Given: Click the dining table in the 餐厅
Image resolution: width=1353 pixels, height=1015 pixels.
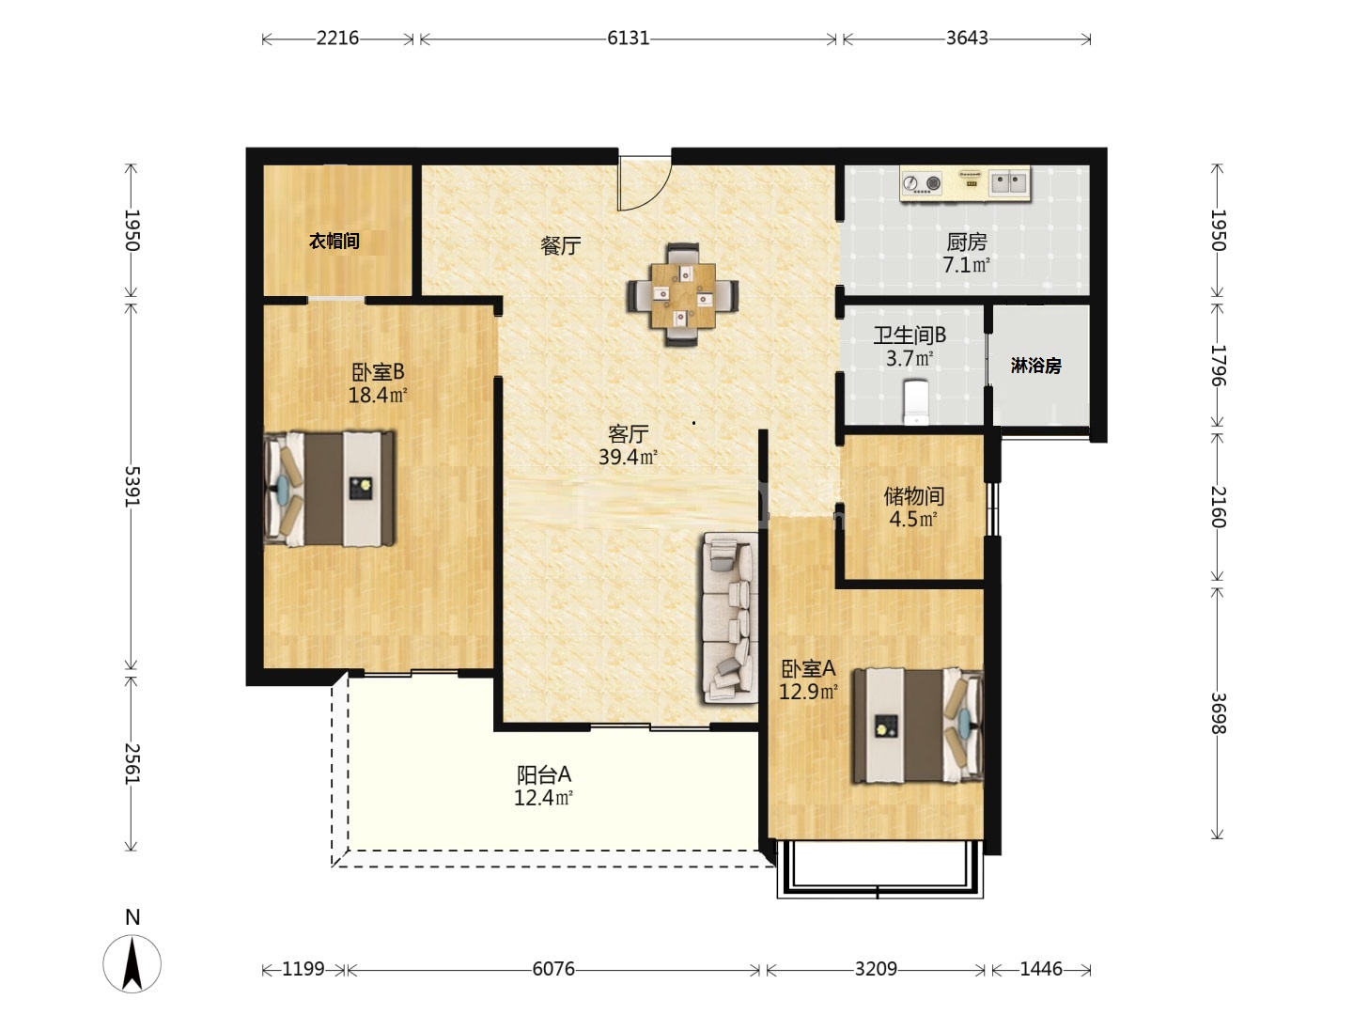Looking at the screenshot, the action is coord(683,295).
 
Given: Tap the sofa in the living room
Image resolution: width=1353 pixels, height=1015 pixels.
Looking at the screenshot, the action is coord(730,617).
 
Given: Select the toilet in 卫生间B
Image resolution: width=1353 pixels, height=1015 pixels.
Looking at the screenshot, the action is coord(915,402).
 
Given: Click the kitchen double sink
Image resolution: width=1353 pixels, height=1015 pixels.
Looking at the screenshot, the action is coord(1009,182).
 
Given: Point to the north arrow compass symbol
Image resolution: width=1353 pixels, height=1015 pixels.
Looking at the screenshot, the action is coord(132,963).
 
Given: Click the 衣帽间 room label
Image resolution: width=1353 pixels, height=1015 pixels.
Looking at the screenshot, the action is coord(334,241).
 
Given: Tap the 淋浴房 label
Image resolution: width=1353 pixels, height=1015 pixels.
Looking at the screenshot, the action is coord(1035,366).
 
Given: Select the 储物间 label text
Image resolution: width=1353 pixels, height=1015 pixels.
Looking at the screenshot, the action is coord(913,495).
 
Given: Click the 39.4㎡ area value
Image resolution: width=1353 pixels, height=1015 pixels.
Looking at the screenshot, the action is coord(628,457).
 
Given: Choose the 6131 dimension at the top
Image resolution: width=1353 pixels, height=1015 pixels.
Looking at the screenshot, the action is coord(629,39).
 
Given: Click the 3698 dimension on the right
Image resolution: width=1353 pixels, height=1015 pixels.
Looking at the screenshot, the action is coord(1219,713).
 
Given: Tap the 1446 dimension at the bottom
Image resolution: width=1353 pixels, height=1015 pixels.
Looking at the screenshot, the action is coord(1040,969).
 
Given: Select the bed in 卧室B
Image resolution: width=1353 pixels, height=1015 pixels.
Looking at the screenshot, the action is coord(329,489).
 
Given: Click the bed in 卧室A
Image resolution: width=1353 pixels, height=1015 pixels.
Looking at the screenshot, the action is coord(918,726).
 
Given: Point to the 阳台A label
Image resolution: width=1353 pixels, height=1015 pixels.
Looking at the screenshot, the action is coord(544,774).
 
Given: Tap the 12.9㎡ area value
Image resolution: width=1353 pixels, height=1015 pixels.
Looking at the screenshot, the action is coord(808,692).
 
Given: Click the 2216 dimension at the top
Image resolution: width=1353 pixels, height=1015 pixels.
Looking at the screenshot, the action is coord(337,39).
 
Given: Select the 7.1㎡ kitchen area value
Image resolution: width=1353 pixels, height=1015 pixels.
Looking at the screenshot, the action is coord(966,265).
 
